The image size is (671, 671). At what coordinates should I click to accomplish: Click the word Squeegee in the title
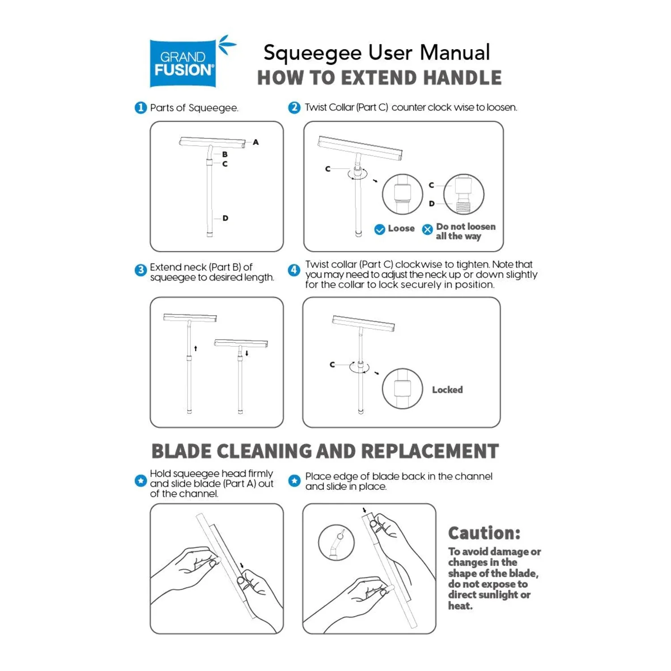tap(312, 53)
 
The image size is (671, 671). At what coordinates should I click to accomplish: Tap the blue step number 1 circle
tap(140, 108)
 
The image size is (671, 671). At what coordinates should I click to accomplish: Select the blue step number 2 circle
tap(294, 108)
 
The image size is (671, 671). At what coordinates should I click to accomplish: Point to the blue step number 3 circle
tap(140, 270)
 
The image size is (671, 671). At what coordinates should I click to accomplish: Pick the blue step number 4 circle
tap(294, 270)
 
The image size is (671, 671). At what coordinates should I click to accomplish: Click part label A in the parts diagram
tap(255, 142)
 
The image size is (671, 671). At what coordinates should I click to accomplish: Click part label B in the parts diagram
tap(225, 154)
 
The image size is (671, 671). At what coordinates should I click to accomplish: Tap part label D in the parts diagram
tap(225, 218)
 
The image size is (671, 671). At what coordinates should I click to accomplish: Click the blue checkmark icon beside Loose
tap(379, 229)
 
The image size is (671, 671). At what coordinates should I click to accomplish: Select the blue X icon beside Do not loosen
tap(428, 229)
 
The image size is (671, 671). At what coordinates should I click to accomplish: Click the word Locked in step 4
tap(447, 390)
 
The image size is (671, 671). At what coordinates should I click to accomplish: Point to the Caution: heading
tap(484, 533)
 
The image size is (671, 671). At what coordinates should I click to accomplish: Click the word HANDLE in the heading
tap(463, 78)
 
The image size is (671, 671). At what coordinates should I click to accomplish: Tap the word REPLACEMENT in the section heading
tap(429, 451)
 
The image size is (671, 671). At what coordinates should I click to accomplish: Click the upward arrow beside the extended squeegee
tap(195, 348)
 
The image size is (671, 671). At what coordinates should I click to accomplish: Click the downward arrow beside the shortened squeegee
tap(246, 353)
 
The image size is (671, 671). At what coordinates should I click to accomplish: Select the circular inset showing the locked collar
tap(402, 388)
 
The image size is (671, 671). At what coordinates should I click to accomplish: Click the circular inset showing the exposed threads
tap(463, 195)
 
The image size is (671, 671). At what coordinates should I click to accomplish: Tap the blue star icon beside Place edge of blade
tap(294, 481)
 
